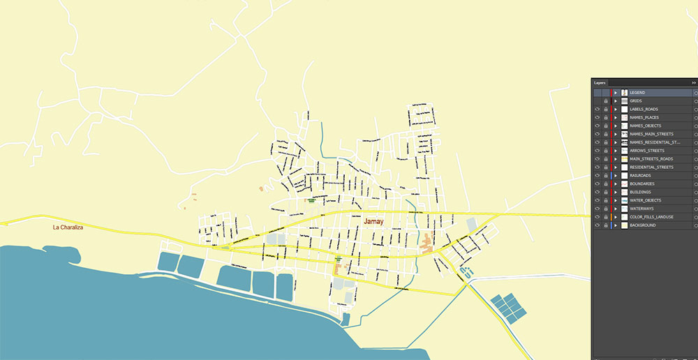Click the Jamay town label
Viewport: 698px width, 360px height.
coord(374,221)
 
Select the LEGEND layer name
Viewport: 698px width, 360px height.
coord(637,93)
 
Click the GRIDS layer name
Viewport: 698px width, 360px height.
coord(635,101)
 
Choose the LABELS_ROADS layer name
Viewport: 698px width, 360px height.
coord(644,110)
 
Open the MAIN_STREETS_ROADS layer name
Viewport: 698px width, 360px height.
coord(651,159)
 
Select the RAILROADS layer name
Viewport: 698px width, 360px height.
coord(640,176)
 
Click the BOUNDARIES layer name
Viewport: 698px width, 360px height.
coord(642,184)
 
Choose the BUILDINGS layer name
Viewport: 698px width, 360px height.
coord(640,193)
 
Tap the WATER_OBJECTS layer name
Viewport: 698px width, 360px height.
coord(646,201)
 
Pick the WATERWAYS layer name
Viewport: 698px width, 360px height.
coord(641,209)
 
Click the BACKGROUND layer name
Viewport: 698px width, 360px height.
coord(642,225)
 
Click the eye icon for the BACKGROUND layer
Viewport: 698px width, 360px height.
coord(597,225)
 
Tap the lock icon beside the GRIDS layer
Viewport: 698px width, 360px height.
coord(606,101)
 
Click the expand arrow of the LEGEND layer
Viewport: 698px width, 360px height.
coord(615,93)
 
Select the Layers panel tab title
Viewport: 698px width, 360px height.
coord(600,82)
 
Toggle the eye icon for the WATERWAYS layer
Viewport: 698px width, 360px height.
coord(597,209)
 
